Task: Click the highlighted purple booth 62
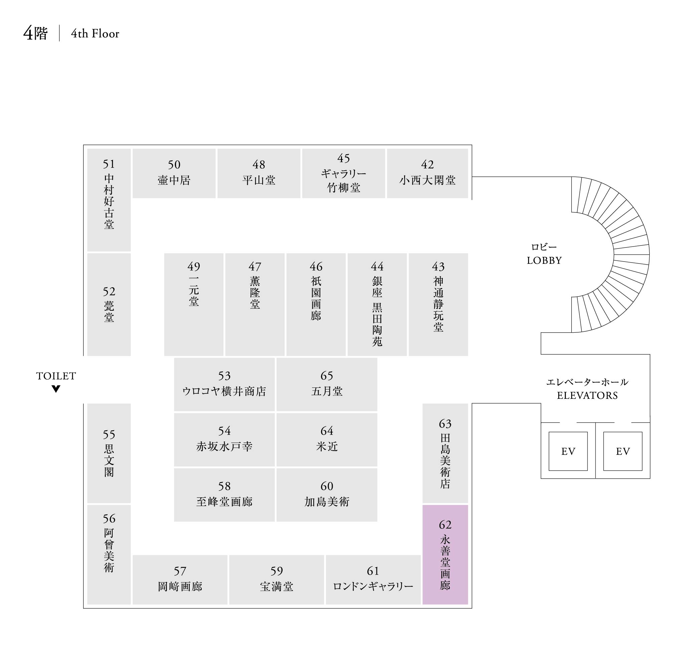445,555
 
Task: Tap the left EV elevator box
568,451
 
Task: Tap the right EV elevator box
623,451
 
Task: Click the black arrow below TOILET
56,389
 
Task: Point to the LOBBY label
544,260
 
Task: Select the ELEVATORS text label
587,395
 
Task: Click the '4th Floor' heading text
95,33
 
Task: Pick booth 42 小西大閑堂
427,173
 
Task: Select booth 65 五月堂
327,384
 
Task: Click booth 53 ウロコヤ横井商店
224,384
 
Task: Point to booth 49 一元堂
194,304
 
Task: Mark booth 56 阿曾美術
109,555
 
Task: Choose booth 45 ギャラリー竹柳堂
343,173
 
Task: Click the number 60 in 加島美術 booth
327,486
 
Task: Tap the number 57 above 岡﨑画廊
180,571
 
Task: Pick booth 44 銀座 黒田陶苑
377,304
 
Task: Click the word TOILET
56,376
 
